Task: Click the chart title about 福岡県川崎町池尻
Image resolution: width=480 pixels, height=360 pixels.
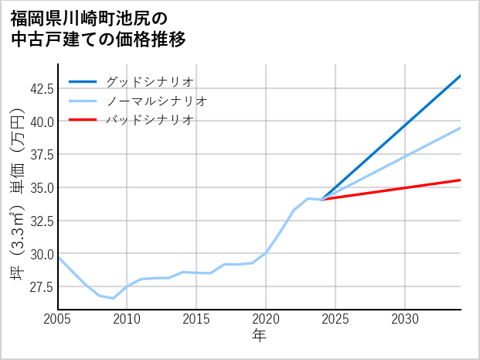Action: [x=98, y=28]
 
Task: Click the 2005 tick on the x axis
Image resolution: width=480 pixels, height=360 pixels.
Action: [x=58, y=319]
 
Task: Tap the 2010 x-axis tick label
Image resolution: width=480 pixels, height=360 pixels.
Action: [x=128, y=319]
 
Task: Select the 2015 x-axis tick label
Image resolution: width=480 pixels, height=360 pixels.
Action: [x=196, y=319]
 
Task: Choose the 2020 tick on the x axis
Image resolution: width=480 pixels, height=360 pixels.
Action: [x=266, y=319]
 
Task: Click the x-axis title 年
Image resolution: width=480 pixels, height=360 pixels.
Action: [x=260, y=336]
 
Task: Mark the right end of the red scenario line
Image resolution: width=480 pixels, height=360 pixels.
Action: [x=461, y=180]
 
